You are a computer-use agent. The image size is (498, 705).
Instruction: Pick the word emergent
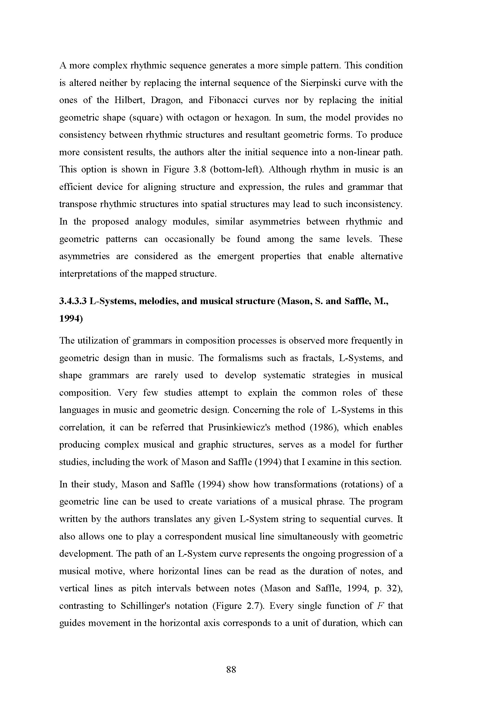235,257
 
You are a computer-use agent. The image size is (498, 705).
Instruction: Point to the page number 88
231,670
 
